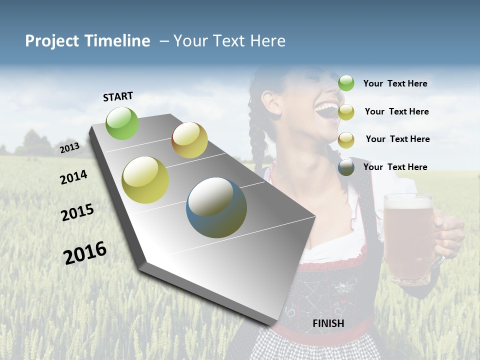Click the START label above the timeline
pyautogui.click(x=118, y=96)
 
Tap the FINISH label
pyautogui.click(x=328, y=323)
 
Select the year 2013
pyautogui.click(x=70, y=148)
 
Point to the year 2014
pyautogui.click(x=73, y=177)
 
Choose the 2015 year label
pyautogui.click(x=77, y=212)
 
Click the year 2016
pyautogui.click(x=85, y=252)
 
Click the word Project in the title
pyautogui.click(x=52, y=41)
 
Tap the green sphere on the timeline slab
pyautogui.click(x=122, y=123)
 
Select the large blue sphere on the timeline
pyautogui.click(x=216, y=207)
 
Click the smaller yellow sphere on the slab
pyautogui.click(x=189, y=140)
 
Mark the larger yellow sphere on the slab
pyautogui.click(x=145, y=179)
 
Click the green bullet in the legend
pyautogui.click(x=346, y=83)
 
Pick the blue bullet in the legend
pyautogui.click(x=346, y=167)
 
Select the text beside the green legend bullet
pyautogui.click(x=395, y=83)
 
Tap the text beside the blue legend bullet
pyautogui.click(x=395, y=167)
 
